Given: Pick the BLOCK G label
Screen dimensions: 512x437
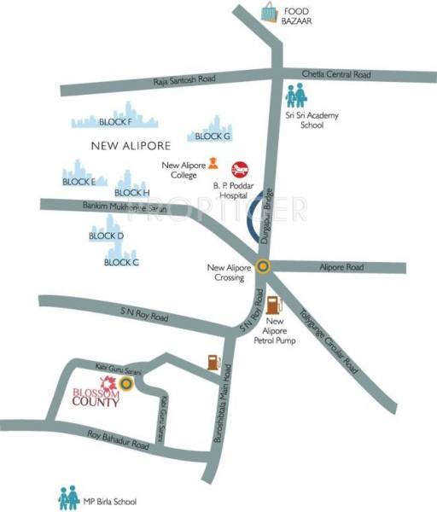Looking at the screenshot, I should (x=213, y=136).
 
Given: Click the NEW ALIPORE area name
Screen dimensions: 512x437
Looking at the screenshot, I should (x=131, y=146).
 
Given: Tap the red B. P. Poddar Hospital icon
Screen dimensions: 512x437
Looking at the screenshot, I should (x=241, y=166).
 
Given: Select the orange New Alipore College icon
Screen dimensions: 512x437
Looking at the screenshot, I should (x=212, y=164).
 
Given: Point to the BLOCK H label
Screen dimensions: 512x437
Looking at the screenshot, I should (x=131, y=193).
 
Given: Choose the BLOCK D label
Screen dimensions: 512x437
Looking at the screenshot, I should (x=107, y=236).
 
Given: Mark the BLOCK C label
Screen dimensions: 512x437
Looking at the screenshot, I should (x=121, y=262).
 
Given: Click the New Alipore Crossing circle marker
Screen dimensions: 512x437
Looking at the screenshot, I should (x=264, y=265).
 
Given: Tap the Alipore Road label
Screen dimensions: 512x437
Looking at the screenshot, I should (x=342, y=267).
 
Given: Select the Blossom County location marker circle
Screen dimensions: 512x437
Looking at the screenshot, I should (x=126, y=385).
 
